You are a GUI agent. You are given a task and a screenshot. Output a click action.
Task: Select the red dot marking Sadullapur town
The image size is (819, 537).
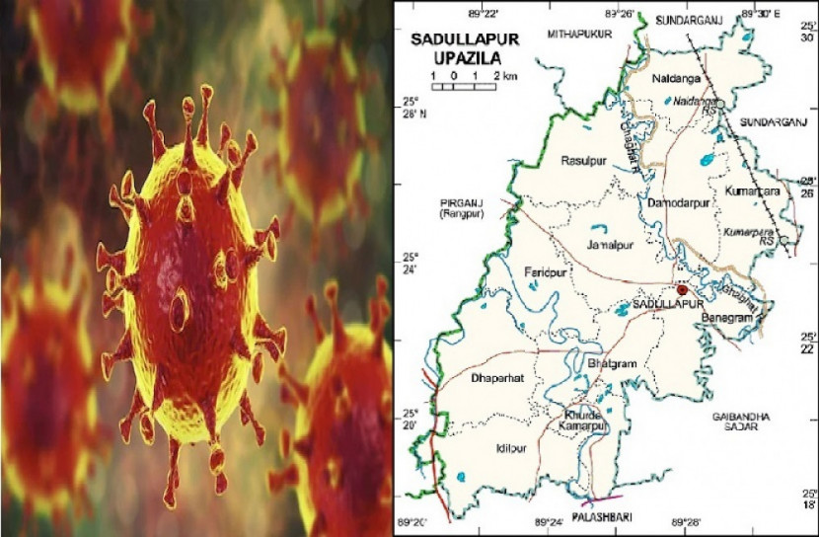682,290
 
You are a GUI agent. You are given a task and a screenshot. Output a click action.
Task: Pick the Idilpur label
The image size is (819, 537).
513,450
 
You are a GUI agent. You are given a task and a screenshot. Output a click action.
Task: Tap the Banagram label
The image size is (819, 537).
727,318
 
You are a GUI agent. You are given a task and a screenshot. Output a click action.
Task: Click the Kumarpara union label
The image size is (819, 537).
750,188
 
